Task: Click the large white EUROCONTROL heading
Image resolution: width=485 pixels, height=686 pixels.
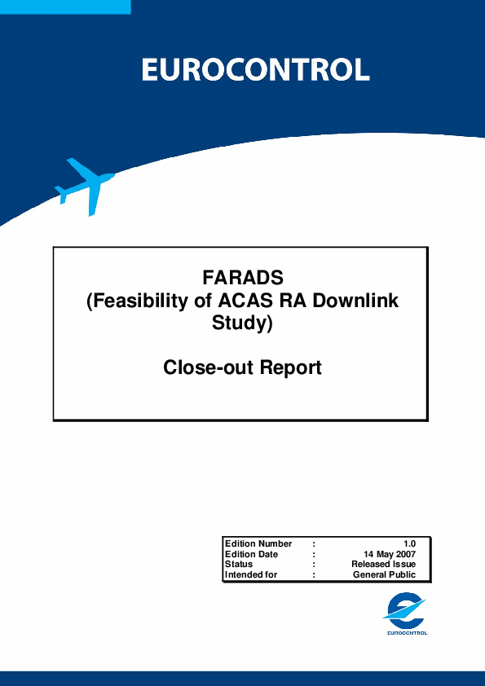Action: [x=256, y=70]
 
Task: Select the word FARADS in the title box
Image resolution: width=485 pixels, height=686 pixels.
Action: [x=243, y=278]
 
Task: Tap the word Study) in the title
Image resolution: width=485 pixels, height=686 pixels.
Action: [x=243, y=323]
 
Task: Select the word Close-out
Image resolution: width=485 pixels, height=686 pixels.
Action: [x=208, y=367]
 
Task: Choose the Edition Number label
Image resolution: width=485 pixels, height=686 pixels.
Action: [x=258, y=543]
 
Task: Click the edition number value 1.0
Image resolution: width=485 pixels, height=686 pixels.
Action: [x=410, y=544]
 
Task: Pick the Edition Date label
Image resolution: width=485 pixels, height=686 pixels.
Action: [x=251, y=554]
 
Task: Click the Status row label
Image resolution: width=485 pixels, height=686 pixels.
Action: [x=239, y=565]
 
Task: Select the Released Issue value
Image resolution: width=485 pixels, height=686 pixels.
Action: [x=384, y=565]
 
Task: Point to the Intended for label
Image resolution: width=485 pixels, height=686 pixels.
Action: [x=251, y=574]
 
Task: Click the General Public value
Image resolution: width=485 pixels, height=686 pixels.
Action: [x=384, y=574]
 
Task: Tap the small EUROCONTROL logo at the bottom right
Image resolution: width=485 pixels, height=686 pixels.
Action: [x=406, y=613]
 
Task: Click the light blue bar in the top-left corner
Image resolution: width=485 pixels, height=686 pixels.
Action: [x=65, y=7]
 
